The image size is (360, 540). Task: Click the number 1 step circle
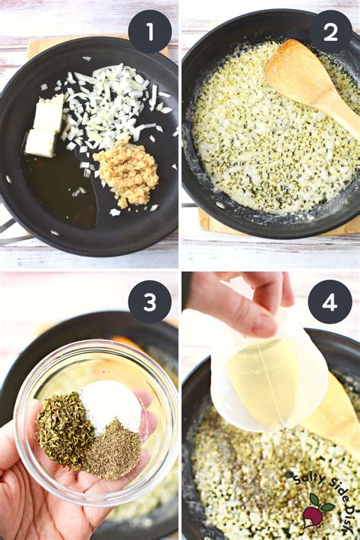[x=150, y=31]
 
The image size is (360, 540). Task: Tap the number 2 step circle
[x=330, y=31]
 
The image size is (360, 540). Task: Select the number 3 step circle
[x=150, y=302]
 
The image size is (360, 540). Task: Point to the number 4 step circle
[x=330, y=302]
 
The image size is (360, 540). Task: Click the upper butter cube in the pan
[x=49, y=115]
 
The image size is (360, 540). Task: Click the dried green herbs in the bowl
[x=65, y=429]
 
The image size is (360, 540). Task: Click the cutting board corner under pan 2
[x=213, y=224]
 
